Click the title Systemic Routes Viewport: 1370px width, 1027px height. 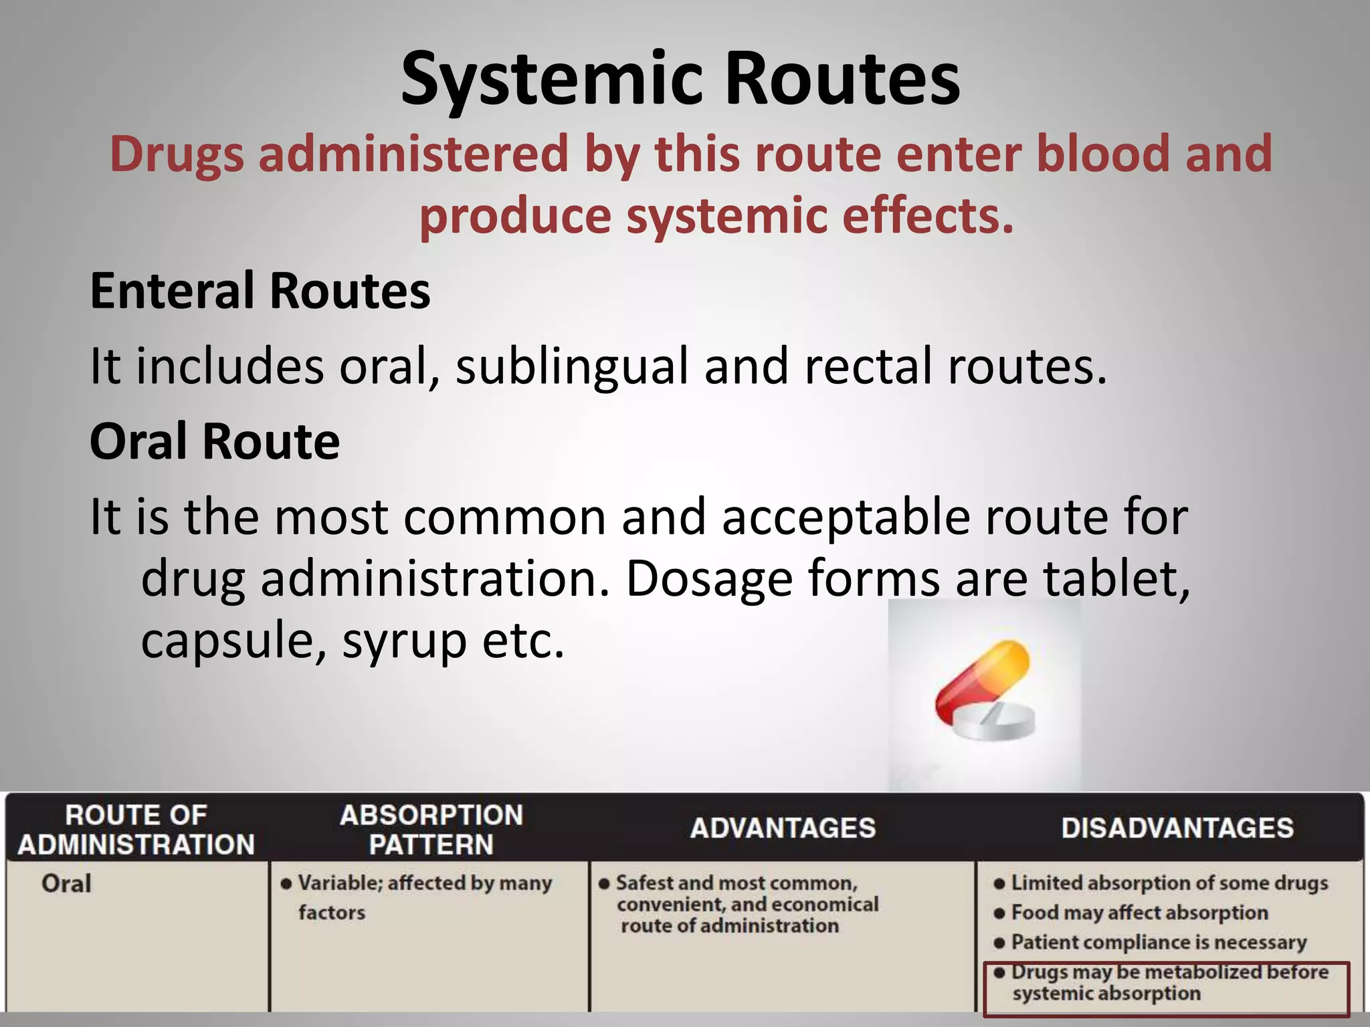pyautogui.click(x=680, y=80)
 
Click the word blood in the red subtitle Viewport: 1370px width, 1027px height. pyautogui.click(x=1103, y=154)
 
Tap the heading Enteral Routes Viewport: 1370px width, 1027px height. pyautogui.click(x=260, y=292)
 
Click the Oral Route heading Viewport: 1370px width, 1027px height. pyautogui.click(x=215, y=442)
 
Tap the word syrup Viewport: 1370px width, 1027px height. pyautogui.click(x=404, y=641)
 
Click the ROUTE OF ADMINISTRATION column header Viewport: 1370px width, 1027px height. pyautogui.click(x=136, y=830)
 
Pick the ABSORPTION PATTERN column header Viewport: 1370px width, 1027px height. pyautogui.click(x=431, y=830)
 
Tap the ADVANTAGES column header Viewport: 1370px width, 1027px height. pyautogui.click(x=783, y=828)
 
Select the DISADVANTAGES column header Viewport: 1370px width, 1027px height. pyautogui.click(x=1177, y=828)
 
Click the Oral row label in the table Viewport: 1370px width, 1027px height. pyautogui.click(x=66, y=884)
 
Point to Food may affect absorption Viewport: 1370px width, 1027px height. pyautogui.click(x=1139, y=913)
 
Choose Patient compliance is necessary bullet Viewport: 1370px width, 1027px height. pyautogui.click(x=1158, y=942)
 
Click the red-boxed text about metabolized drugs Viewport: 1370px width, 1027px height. pyautogui.click(x=1167, y=982)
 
